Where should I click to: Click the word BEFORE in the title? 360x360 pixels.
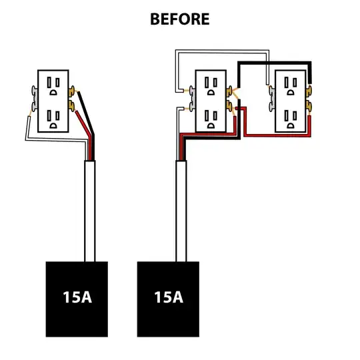180,19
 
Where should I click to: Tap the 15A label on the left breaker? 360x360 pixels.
77,297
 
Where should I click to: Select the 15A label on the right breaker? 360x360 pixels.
169,297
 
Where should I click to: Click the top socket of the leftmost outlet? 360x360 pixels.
53,86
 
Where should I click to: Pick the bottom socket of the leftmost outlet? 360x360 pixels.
53,119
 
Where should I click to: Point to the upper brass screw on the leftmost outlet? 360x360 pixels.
71,91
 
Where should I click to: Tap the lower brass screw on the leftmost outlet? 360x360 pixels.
71,106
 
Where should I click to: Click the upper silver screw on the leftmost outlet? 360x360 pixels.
35,91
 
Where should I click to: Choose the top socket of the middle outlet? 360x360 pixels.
211,86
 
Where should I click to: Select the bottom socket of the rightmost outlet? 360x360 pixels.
291,119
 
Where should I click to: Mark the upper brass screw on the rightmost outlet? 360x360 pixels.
309,91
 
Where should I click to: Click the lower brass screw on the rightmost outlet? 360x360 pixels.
309,106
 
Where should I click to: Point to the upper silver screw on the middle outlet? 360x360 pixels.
192,91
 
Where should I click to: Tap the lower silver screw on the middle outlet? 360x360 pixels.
192,107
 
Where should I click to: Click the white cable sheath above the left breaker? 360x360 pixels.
90,211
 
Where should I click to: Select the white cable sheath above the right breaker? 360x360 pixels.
181,211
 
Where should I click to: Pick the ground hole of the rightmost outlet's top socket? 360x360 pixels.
291,92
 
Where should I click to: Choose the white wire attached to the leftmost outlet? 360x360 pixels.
55,139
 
